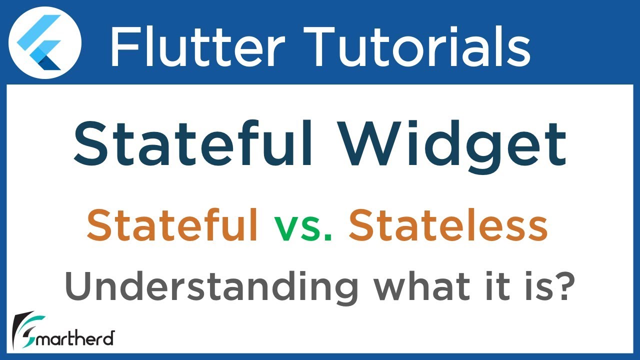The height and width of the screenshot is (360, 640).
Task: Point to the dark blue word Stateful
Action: [193, 143]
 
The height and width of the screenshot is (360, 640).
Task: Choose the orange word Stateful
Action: [172, 226]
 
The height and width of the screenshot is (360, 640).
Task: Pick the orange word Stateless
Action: [448, 226]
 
